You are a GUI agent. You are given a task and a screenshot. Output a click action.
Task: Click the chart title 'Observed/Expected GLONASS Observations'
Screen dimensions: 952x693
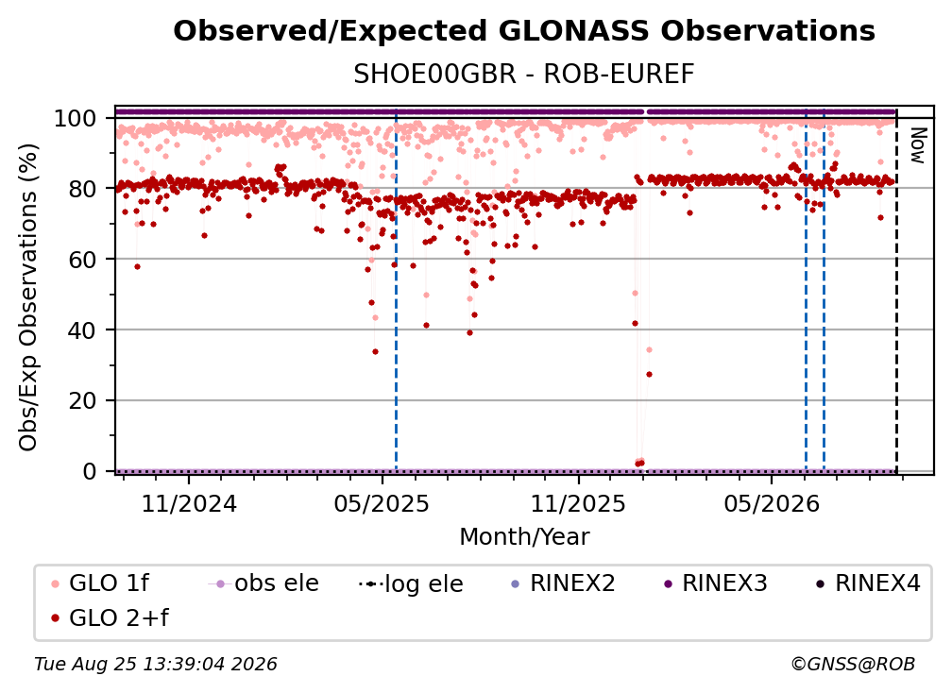pyautogui.click(x=524, y=31)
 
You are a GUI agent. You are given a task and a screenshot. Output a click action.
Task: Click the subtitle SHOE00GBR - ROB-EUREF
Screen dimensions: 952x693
pyautogui.click(x=524, y=75)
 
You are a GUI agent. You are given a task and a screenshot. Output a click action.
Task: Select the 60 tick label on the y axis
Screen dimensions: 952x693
pyautogui.click(x=82, y=260)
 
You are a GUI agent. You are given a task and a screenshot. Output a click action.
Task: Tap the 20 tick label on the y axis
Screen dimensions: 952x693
pyautogui.click(x=82, y=401)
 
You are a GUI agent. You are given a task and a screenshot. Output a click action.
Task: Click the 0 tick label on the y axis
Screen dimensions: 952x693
pyautogui.click(x=90, y=471)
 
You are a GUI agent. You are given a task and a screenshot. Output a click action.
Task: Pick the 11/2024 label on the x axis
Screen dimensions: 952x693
pyautogui.click(x=189, y=503)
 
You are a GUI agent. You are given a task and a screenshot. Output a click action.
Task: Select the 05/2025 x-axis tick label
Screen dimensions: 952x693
pyautogui.click(x=382, y=503)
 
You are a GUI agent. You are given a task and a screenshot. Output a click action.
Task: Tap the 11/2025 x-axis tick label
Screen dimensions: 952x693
pyautogui.click(x=578, y=503)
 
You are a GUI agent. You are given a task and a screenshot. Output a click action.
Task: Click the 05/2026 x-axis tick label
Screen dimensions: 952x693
pyautogui.click(x=771, y=503)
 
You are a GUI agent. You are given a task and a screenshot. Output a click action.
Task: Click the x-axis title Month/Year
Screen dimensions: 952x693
pyautogui.click(x=524, y=537)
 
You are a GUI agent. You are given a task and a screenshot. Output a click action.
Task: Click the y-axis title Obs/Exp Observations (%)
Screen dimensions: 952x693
pyautogui.click(x=28, y=297)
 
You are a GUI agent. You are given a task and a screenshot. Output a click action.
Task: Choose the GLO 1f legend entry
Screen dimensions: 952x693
pyautogui.click(x=99, y=583)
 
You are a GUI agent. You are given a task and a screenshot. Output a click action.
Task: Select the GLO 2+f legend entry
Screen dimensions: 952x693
pyautogui.click(x=110, y=618)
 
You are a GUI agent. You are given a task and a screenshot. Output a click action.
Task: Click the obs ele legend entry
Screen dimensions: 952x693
pyautogui.click(x=263, y=583)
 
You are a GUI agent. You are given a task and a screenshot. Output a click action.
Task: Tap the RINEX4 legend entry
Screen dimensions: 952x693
pyautogui.click(x=868, y=583)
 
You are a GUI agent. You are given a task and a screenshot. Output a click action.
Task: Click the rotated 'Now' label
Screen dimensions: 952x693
pyautogui.click(x=917, y=145)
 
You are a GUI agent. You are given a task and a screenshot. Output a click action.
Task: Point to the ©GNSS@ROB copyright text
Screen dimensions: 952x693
pyautogui.click(x=853, y=665)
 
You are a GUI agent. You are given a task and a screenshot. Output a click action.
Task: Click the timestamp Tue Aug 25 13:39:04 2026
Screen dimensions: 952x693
pyautogui.click(x=156, y=665)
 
